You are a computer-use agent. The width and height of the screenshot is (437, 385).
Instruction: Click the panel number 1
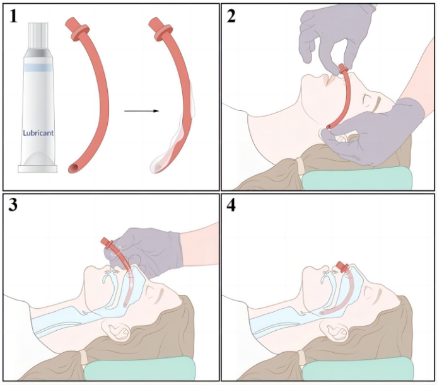point(13,16)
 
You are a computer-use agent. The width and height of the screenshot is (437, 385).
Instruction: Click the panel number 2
point(231,16)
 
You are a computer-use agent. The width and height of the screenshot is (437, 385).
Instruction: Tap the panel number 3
point(13,205)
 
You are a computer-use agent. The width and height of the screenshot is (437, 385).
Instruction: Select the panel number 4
point(231,206)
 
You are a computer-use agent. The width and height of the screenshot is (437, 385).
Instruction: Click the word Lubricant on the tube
point(38,133)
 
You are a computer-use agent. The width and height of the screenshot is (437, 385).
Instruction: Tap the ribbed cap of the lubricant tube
point(38,36)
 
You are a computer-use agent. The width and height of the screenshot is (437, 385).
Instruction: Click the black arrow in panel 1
point(141,111)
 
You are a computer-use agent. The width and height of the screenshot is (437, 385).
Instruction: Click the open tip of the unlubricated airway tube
point(74,168)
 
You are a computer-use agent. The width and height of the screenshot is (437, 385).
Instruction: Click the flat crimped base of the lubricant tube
point(38,169)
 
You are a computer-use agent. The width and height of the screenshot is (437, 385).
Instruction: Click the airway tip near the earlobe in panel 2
point(329,127)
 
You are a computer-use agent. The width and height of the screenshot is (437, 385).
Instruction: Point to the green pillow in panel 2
point(356,178)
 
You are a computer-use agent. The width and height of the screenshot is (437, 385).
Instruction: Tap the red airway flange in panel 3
point(107,243)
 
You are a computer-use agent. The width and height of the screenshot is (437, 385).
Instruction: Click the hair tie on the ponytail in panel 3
point(83,357)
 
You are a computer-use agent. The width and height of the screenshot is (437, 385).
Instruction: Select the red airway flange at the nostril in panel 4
point(342,267)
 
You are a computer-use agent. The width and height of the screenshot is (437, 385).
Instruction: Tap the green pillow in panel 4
point(358,368)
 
